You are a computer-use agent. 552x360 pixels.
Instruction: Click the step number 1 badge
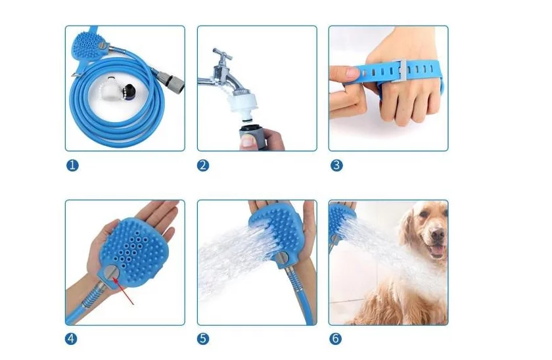click(x=72, y=166)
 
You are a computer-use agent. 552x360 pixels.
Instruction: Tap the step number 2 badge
click(x=203, y=166)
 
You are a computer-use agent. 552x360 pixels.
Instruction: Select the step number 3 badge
click(x=336, y=166)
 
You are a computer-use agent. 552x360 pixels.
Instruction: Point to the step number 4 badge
click(x=71, y=339)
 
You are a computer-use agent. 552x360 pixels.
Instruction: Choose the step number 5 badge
click(x=203, y=339)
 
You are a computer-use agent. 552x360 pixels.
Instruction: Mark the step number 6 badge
click(x=336, y=339)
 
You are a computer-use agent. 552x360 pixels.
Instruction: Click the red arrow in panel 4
click(x=124, y=290)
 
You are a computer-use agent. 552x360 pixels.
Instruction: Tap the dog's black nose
click(x=438, y=235)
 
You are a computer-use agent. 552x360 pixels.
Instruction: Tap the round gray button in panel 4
click(x=112, y=273)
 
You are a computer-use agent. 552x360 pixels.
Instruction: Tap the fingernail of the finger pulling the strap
click(x=352, y=74)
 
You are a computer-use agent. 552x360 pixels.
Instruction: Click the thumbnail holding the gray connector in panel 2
click(x=248, y=141)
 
